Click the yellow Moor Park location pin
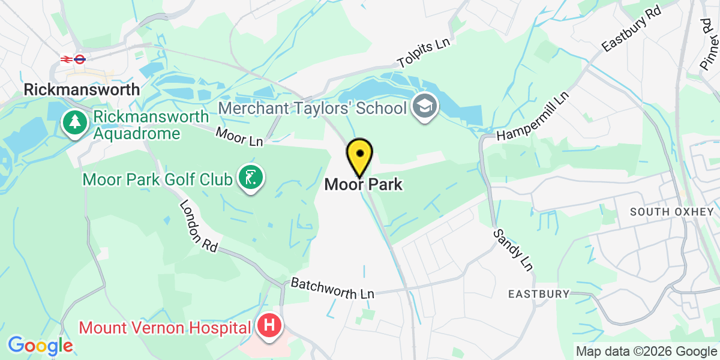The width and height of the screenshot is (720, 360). pyautogui.click(x=359, y=156)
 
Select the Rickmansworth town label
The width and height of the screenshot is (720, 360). pyautogui.click(x=82, y=89)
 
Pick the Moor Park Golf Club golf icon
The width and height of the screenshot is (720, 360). pyautogui.click(x=250, y=177)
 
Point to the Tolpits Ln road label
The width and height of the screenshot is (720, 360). pyautogui.click(x=424, y=54)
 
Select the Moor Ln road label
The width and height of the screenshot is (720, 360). pyautogui.click(x=240, y=136)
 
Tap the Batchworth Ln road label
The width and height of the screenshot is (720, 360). pyautogui.click(x=332, y=288)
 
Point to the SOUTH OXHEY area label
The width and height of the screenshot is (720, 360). pyautogui.click(x=671, y=212)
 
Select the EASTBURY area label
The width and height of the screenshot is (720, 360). pyautogui.click(x=538, y=294)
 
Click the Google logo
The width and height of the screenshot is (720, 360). pyautogui.click(x=40, y=346)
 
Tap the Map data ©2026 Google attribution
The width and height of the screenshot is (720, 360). pyautogui.click(x=646, y=351)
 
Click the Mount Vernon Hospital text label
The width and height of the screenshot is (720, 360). pyautogui.click(x=165, y=328)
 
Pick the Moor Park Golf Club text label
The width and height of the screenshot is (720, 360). pyautogui.click(x=158, y=179)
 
